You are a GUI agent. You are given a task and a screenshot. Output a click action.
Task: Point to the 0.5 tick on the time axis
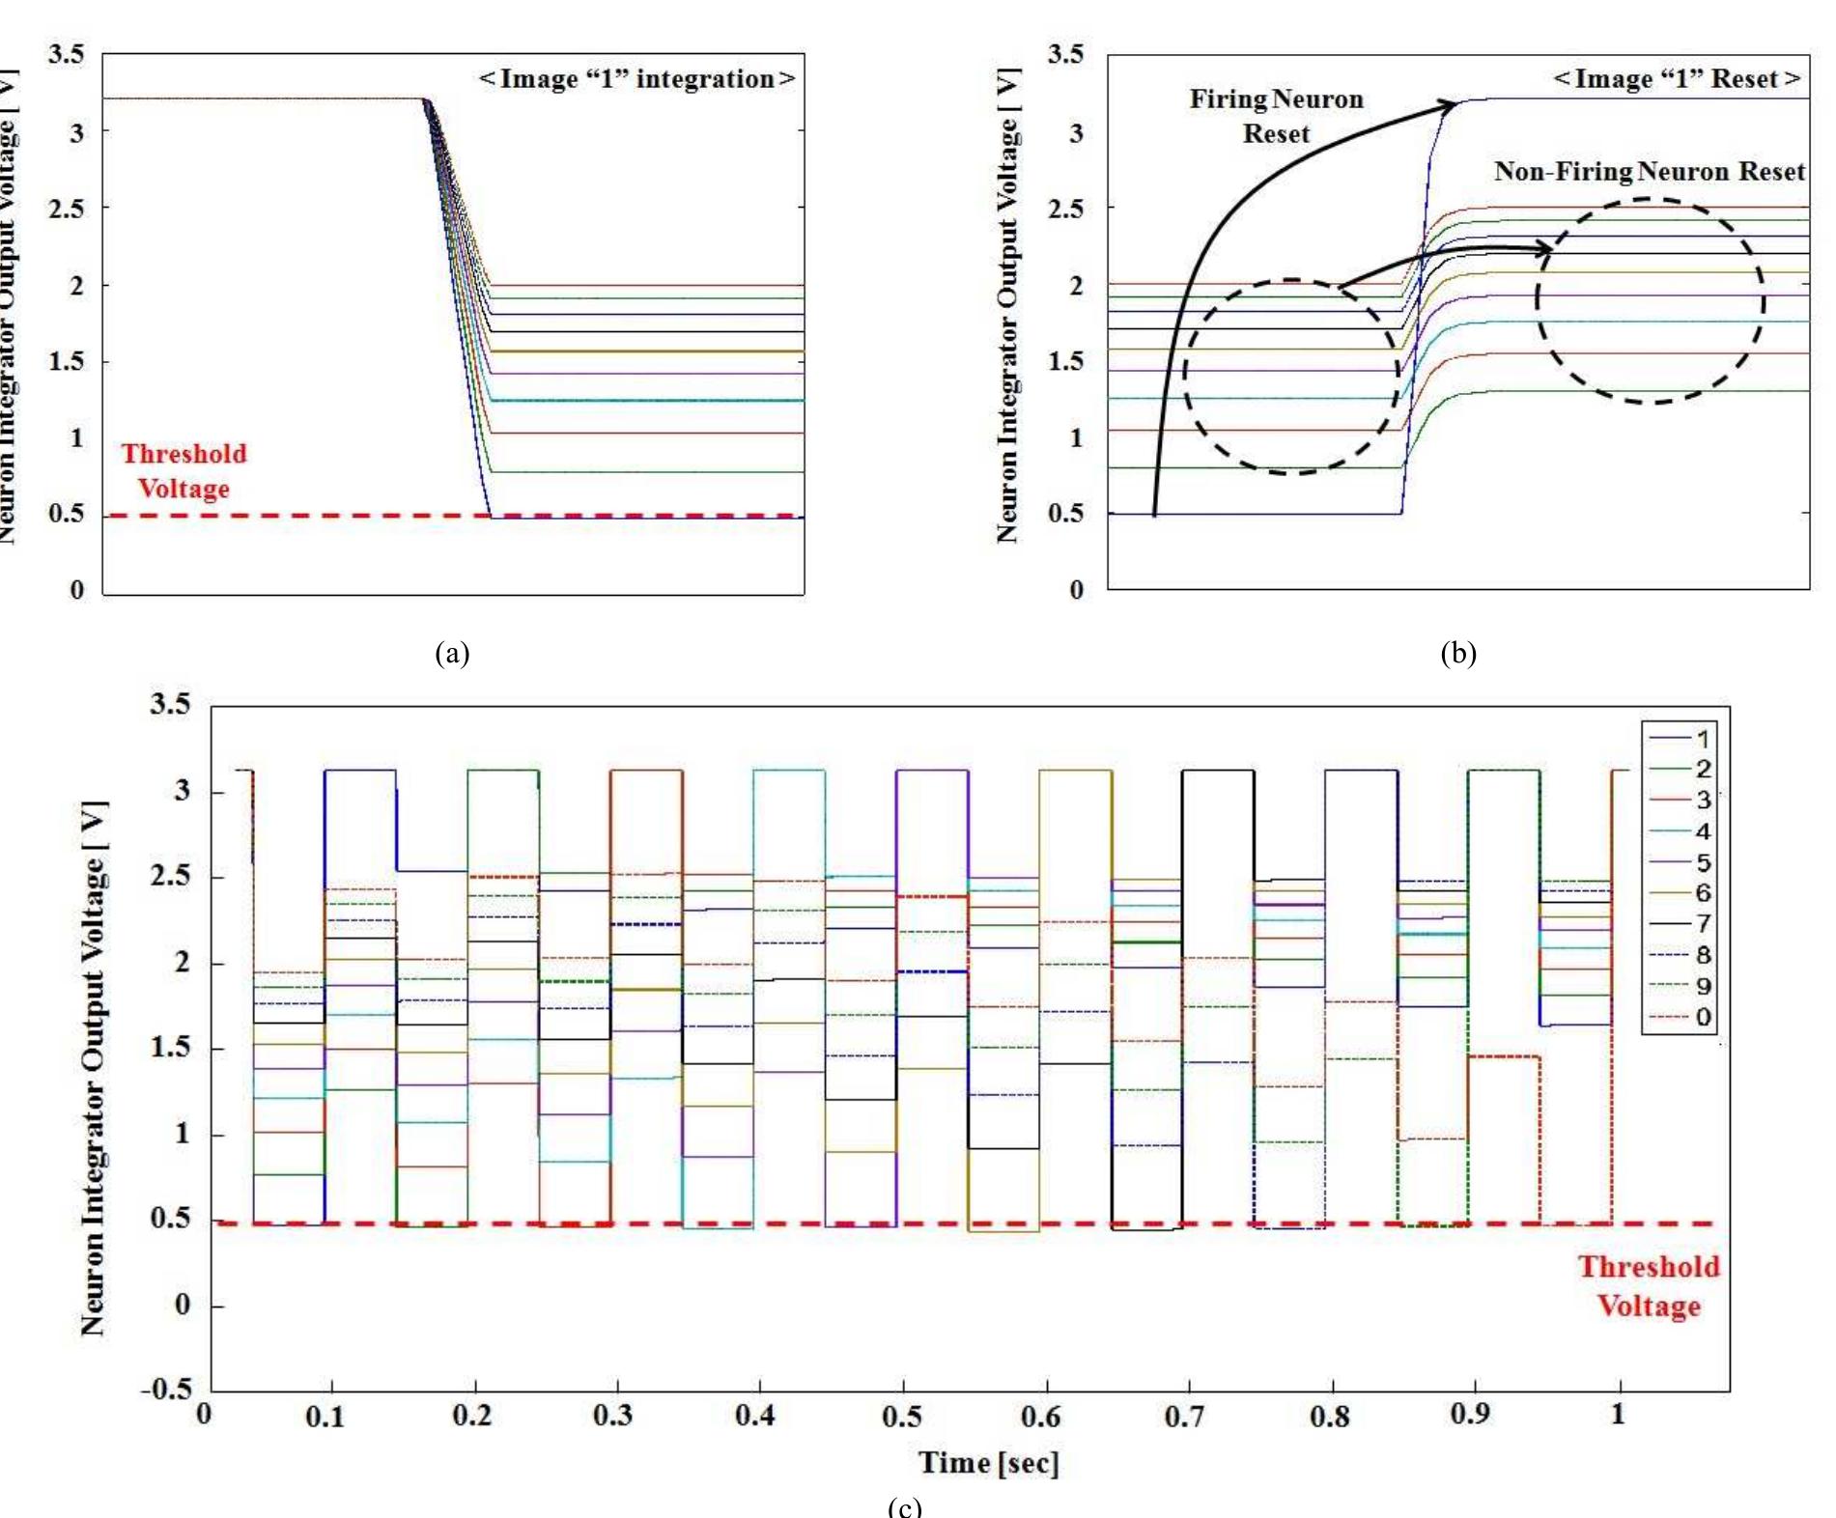click(x=901, y=1417)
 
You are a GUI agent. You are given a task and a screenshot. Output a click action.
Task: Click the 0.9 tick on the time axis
click(x=1470, y=1415)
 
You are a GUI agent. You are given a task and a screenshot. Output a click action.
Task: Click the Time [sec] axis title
click(x=988, y=1463)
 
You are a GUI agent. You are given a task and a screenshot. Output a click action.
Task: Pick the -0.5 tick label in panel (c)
click(x=167, y=1390)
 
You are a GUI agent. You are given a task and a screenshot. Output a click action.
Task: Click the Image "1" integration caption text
click(x=637, y=79)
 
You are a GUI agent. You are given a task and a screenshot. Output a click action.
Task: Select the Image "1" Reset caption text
click(x=1678, y=79)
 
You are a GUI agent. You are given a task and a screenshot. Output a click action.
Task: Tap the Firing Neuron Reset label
click(x=1276, y=116)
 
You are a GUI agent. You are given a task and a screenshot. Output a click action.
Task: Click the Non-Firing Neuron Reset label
click(x=1649, y=172)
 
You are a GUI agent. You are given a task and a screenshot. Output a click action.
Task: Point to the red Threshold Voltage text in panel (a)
click(x=184, y=471)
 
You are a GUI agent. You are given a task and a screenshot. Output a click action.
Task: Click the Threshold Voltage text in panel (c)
click(x=1648, y=1286)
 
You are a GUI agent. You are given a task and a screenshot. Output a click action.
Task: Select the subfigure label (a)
click(x=452, y=654)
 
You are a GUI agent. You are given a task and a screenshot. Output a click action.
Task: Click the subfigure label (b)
click(x=1457, y=654)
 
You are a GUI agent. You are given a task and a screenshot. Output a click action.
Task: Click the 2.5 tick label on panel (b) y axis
click(x=1065, y=209)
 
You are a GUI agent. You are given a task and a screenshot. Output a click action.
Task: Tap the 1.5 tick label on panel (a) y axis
click(x=66, y=362)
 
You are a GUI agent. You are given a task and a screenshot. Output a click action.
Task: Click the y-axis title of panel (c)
click(x=94, y=1069)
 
